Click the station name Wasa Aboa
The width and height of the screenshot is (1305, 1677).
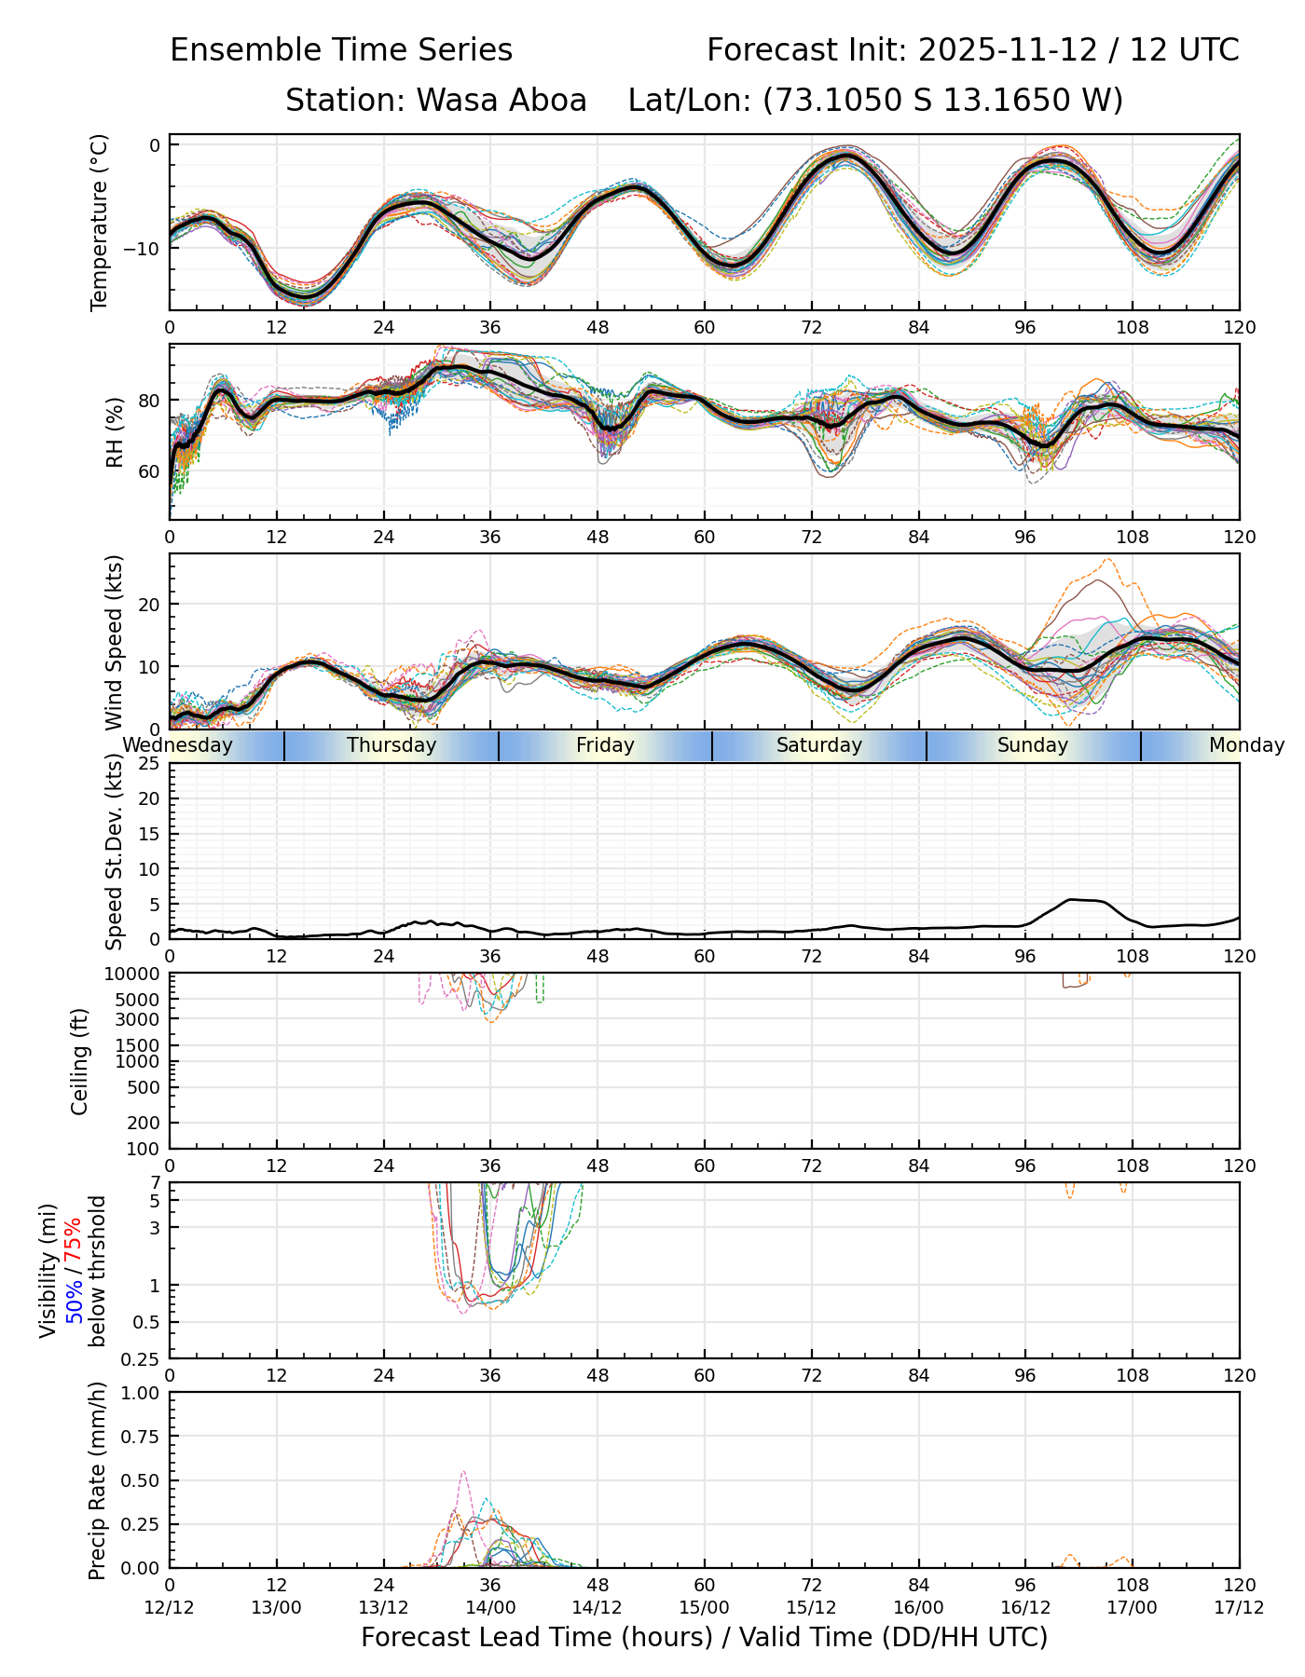[501, 100]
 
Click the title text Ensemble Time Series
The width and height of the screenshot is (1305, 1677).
[341, 50]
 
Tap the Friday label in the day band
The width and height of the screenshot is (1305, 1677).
[605, 745]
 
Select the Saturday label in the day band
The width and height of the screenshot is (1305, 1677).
[819, 745]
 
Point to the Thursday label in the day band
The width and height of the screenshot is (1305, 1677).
[391, 745]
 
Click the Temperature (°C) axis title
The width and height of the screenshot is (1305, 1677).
[100, 222]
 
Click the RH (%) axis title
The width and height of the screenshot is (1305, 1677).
[116, 431]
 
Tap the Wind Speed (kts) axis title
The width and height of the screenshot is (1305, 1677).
[115, 642]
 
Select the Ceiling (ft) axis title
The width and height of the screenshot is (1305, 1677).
[80, 1061]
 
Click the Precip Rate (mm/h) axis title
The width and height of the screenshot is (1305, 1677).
[97, 1480]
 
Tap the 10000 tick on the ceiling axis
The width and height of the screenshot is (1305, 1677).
[133, 975]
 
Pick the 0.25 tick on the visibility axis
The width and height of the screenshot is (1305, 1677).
[143, 1357]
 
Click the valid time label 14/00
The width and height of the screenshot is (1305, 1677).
[490, 1607]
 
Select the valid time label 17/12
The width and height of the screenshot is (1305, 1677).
[1239, 1607]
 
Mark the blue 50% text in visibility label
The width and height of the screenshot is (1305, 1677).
[73, 1298]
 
